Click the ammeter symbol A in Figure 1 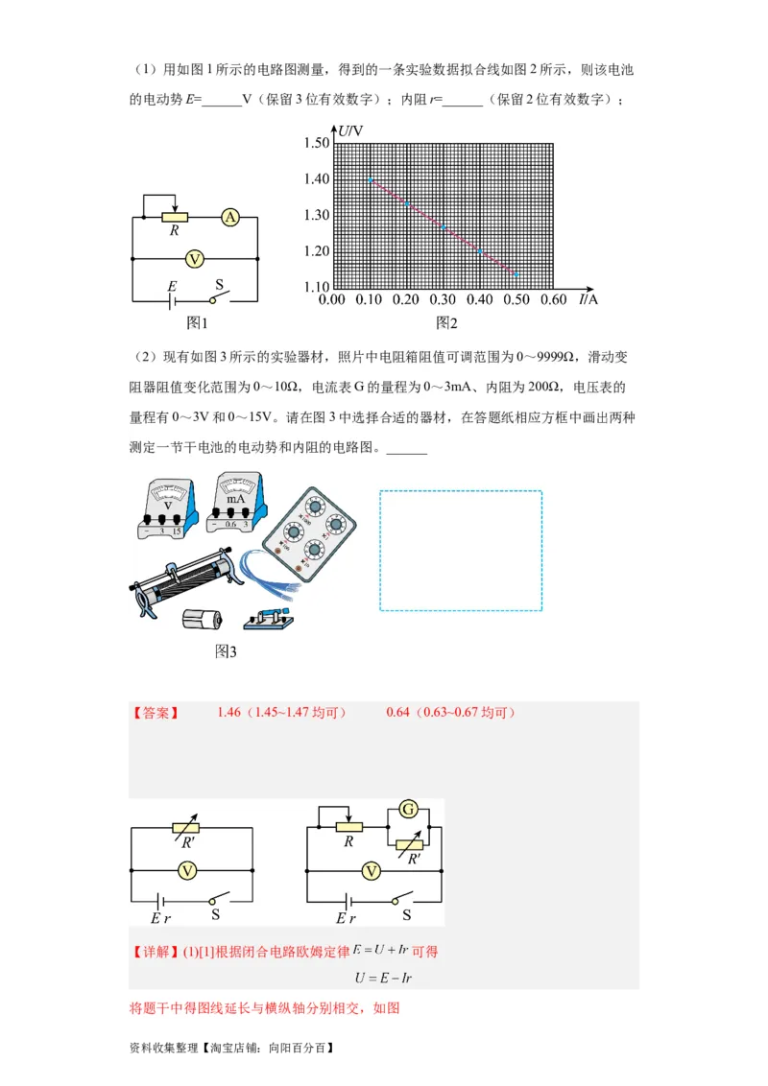[230, 218]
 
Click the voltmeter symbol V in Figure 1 [194, 258]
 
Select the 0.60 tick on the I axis [553, 300]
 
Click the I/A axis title [588, 299]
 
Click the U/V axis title [350, 130]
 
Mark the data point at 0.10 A [369, 179]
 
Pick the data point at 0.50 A [516, 274]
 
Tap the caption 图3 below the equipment [226, 651]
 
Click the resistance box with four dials [312, 534]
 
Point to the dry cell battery [203, 620]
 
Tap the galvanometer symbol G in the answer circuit [409, 811]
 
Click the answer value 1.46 [229, 712]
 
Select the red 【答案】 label [155, 713]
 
